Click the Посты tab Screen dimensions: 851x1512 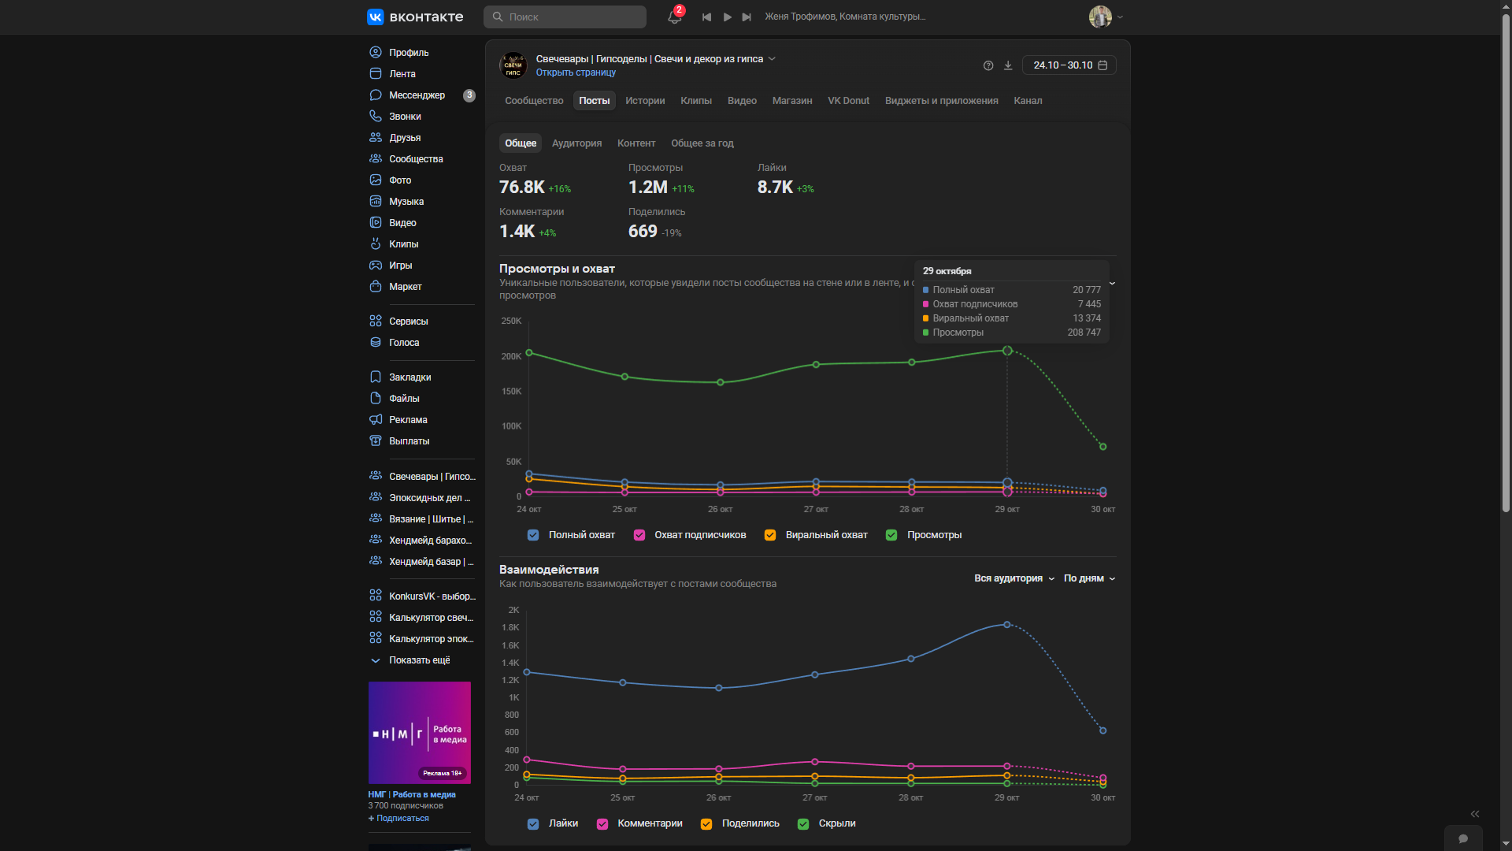(x=594, y=101)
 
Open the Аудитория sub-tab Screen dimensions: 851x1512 (x=576, y=143)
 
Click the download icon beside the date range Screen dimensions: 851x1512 (x=1008, y=65)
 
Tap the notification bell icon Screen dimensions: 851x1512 (x=674, y=17)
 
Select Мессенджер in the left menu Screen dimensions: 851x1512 (x=417, y=95)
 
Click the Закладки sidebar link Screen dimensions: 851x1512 (x=409, y=377)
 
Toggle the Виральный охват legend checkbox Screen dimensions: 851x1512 (x=770, y=535)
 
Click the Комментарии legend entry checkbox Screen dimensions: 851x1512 (x=602, y=824)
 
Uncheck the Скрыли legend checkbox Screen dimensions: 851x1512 (x=803, y=824)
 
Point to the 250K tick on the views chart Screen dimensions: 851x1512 (x=511, y=321)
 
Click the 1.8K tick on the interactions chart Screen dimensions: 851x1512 (x=510, y=628)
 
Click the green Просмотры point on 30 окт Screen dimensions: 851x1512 (x=1102, y=447)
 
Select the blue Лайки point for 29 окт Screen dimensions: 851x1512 (x=1006, y=625)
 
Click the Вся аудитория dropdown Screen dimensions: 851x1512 (x=1014, y=578)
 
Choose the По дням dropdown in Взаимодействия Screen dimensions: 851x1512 (x=1089, y=578)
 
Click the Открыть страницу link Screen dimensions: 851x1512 (x=576, y=72)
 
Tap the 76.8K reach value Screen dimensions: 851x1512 (x=521, y=188)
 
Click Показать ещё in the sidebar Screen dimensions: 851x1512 (x=419, y=660)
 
